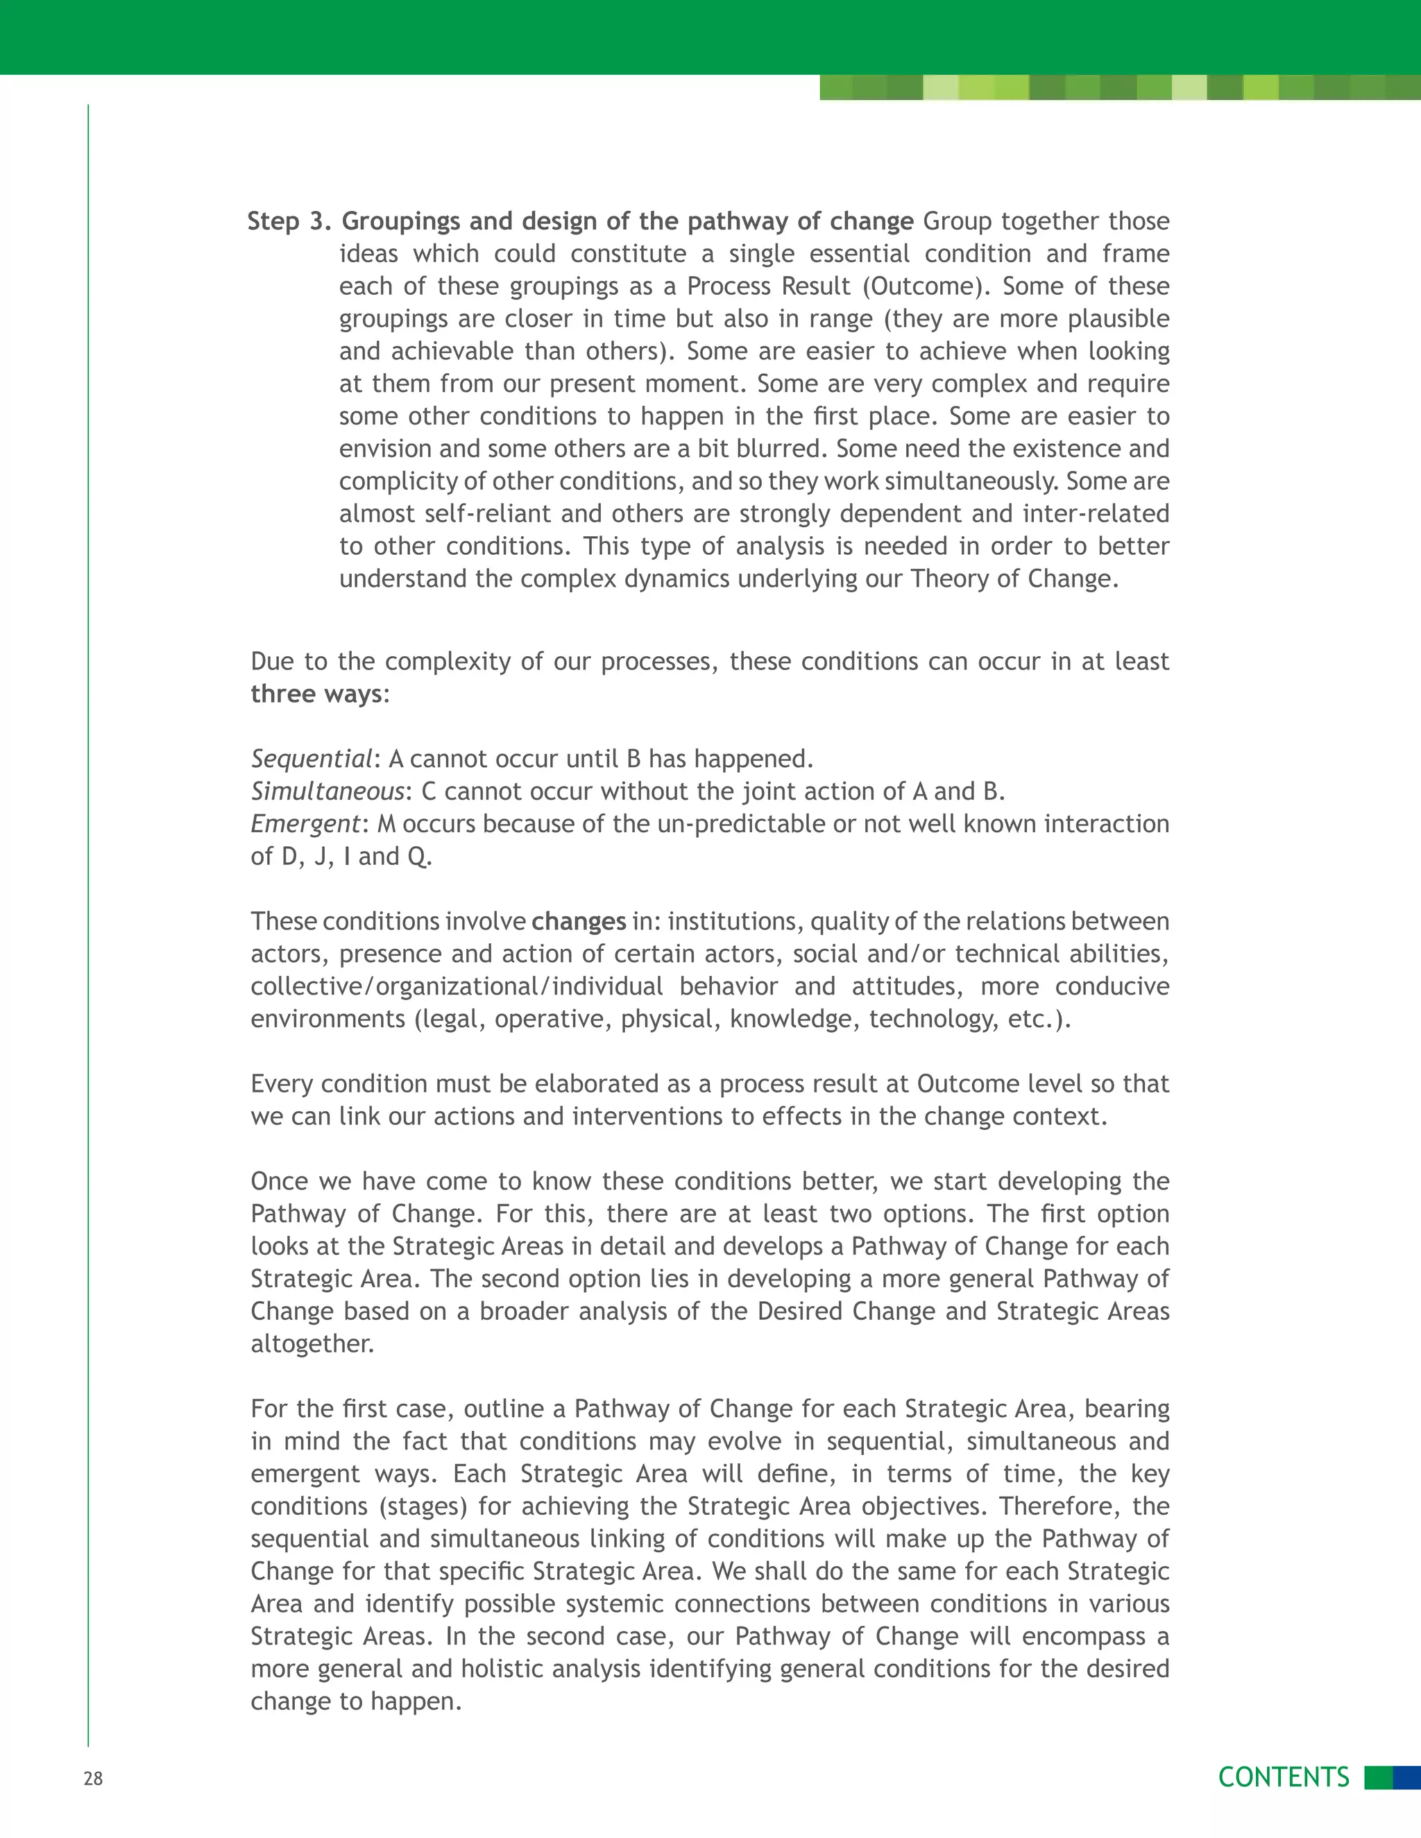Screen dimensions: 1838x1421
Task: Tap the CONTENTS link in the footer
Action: click(1283, 1776)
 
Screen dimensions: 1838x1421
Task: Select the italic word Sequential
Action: click(312, 759)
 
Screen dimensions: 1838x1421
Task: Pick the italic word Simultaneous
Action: click(327, 792)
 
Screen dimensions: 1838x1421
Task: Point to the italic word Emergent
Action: click(305, 824)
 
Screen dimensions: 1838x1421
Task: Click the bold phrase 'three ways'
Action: click(316, 694)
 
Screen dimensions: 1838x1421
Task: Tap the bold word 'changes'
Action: click(579, 922)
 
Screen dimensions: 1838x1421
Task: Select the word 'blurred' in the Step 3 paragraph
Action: click(781, 449)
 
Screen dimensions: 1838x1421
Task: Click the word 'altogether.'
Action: click(312, 1344)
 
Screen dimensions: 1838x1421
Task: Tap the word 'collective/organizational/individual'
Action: click(457, 986)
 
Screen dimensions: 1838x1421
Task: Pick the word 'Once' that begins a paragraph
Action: click(280, 1182)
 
